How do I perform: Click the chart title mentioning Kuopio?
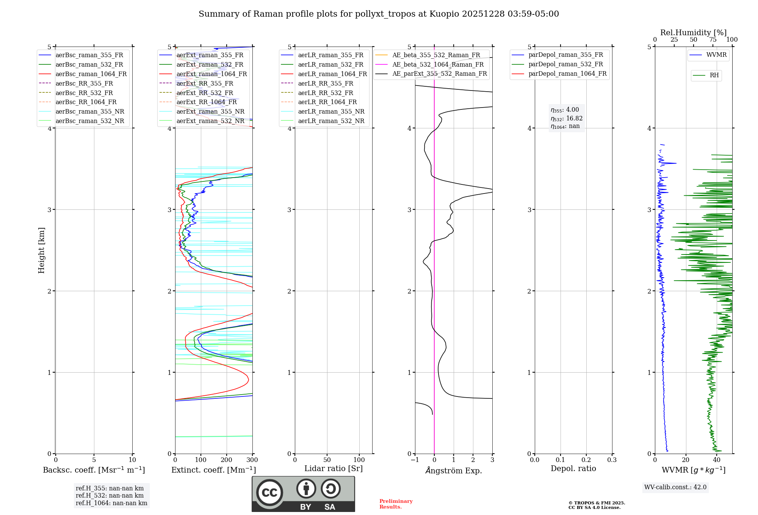(379, 14)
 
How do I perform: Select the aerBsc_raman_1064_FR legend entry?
(91, 74)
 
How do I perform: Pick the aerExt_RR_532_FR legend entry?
(205, 93)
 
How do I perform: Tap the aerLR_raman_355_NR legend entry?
(331, 111)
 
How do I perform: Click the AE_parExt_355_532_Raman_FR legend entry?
(439, 73)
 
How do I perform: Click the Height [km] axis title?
(41, 250)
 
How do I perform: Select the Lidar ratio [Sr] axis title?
(334, 468)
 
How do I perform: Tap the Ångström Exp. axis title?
(454, 470)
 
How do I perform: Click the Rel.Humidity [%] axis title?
(693, 33)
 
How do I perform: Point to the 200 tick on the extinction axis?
(227, 460)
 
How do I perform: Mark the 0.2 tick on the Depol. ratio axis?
(586, 460)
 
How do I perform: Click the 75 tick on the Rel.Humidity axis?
(713, 40)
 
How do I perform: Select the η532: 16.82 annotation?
(567, 118)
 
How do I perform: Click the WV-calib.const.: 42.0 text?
(675, 487)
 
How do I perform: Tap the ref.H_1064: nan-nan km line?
(111, 503)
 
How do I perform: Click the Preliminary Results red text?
(396, 504)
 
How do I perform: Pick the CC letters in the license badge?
(269, 492)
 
